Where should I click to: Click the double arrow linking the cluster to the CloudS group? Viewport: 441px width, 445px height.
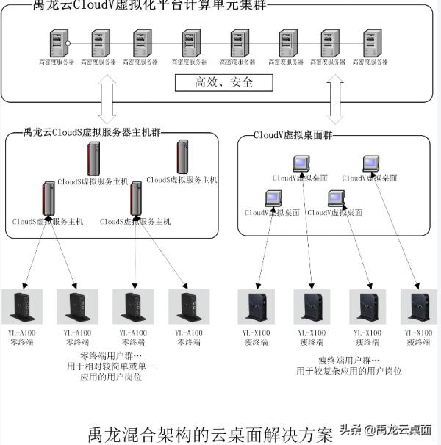tap(104, 102)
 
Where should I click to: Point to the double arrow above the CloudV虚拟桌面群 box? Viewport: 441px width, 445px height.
tap(335, 102)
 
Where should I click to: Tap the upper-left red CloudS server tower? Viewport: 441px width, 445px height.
tap(94, 159)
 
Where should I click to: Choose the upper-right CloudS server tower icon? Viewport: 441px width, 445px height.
tap(182, 157)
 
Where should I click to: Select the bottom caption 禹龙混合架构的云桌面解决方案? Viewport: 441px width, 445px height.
tap(210, 433)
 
